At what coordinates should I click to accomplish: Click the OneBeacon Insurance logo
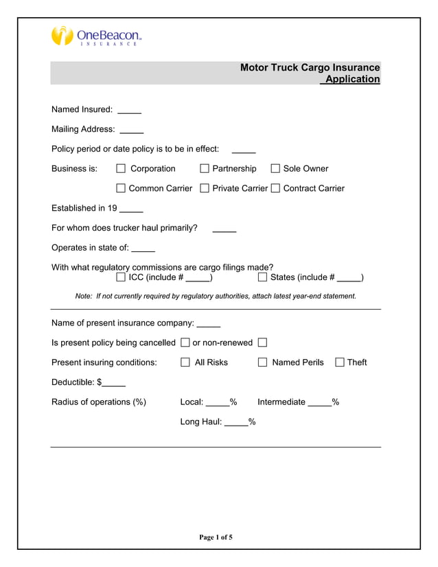(x=97, y=35)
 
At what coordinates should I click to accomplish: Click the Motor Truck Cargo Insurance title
(x=310, y=68)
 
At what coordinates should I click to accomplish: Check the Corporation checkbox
(x=121, y=169)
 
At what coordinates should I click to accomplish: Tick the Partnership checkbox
(x=205, y=169)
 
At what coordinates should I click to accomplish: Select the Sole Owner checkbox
(x=275, y=169)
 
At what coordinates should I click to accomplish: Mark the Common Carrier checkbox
(x=121, y=189)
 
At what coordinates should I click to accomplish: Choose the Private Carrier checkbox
(x=205, y=189)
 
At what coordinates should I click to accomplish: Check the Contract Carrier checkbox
(x=275, y=189)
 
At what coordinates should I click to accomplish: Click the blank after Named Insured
(x=129, y=110)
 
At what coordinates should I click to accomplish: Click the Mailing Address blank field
(x=131, y=130)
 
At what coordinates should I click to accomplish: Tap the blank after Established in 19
(x=131, y=209)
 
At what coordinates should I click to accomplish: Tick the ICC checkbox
(x=121, y=277)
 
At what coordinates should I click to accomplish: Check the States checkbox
(x=262, y=277)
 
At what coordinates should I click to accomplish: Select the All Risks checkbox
(x=185, y=362)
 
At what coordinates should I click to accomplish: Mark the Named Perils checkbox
(x=262, y=362)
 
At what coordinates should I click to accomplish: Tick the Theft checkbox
(x=339, y=362)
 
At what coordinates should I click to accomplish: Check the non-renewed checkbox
(x=262, y=343)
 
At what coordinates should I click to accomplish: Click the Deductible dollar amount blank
(x=114, y=382)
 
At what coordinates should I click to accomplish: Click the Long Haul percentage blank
(x=236, y=422)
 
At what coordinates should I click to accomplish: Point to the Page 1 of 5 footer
(x=216, y=537)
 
